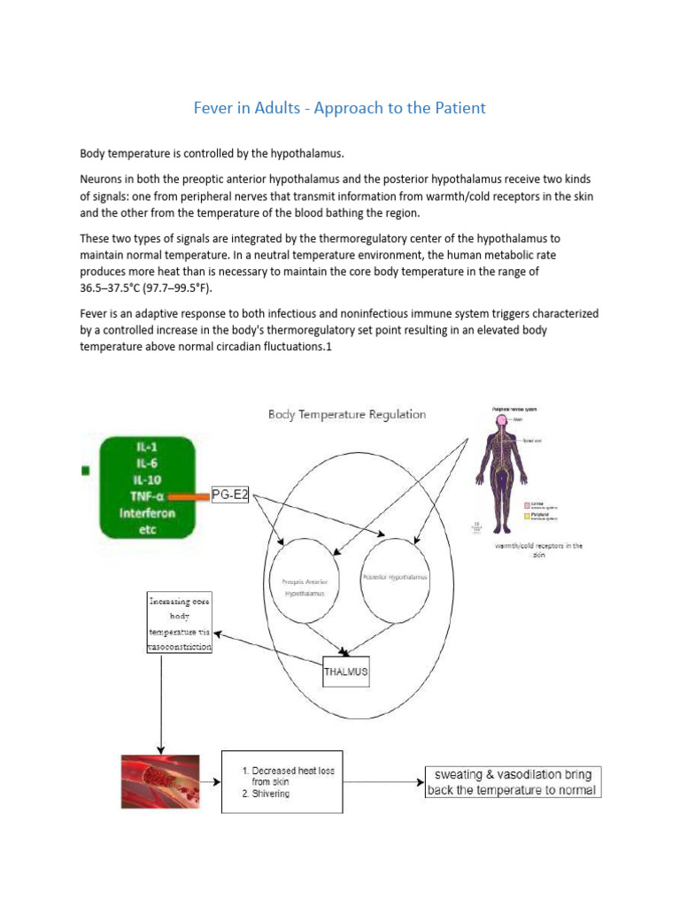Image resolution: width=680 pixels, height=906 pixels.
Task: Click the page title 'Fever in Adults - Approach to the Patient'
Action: click(x=339, y=108)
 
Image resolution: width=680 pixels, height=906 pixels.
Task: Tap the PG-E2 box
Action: click(x=233, y=495)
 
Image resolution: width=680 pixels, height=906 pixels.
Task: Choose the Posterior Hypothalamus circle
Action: click(x=395, y=576)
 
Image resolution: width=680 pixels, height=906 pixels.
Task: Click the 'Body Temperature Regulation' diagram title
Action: click(x=347, y=414)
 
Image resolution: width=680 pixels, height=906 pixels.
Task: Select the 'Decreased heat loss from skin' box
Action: click(x=282, y=781)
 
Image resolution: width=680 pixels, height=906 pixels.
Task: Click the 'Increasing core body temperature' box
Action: click(x=179, y=625)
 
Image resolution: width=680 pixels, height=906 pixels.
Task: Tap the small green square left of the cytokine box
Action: click(x=86, y=471)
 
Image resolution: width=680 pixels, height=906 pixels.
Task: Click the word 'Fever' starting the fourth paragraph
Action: click(x=96, y=313)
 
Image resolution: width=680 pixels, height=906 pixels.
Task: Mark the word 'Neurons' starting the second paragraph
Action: click(x=104, y=178)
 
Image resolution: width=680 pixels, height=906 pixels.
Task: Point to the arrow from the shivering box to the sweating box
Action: click(x=382, y=781)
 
